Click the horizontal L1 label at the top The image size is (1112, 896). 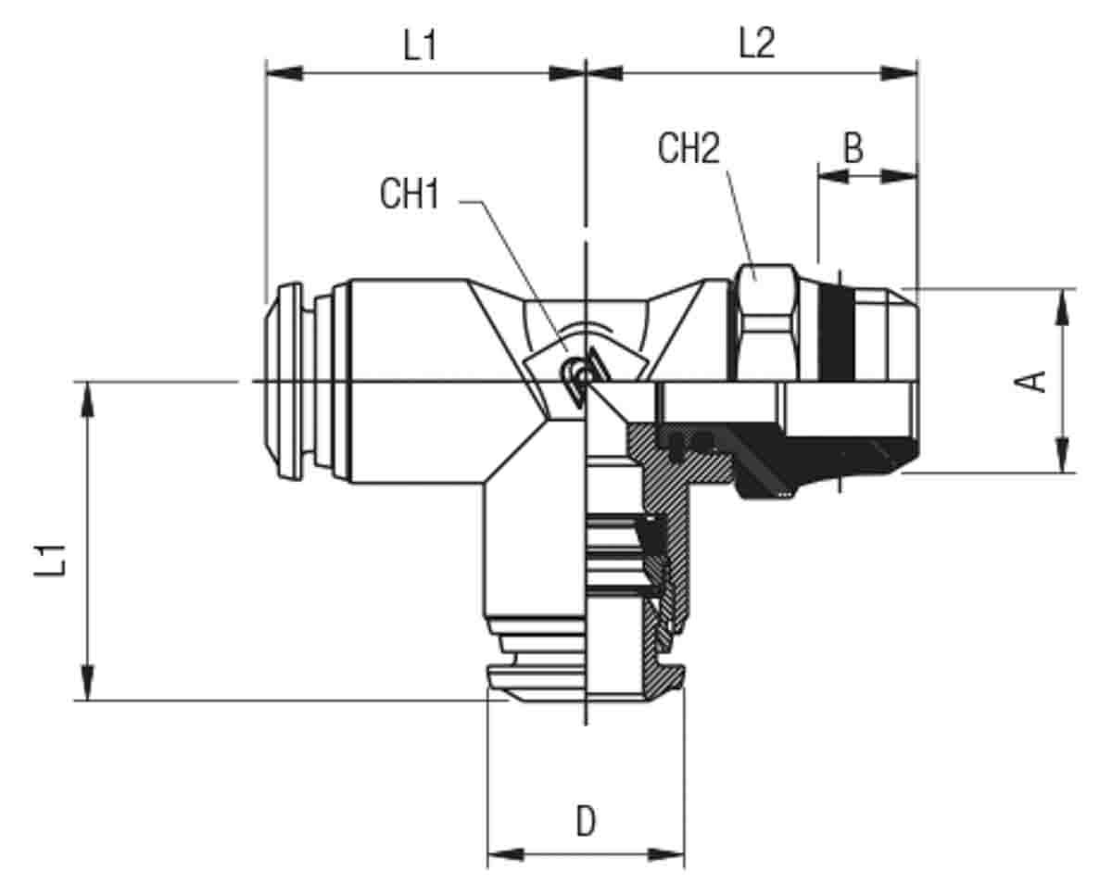coord(420,45)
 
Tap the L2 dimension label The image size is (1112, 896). coord(757,44)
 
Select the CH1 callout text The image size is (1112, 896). coord(410,194)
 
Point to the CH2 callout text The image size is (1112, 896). coord(689,148)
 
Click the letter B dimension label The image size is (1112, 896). coord(853,148)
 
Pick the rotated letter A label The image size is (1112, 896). coord(1030,382)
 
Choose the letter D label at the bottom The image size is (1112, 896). coord(586,821)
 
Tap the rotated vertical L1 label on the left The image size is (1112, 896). coord(50,561)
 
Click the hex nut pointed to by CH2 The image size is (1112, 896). coord(766,323)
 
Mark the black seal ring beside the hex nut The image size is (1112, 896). coord(836,334)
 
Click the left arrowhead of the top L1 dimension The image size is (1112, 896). coord(284,73)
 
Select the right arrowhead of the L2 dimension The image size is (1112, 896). coord(899,73)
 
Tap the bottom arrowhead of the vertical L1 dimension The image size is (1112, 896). coord(88,682)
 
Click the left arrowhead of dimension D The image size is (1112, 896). coord(506,854)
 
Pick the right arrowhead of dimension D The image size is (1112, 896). coord(666,854)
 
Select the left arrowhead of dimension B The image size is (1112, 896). coord(833,177)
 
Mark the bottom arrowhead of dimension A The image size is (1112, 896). coord(1062,455)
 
